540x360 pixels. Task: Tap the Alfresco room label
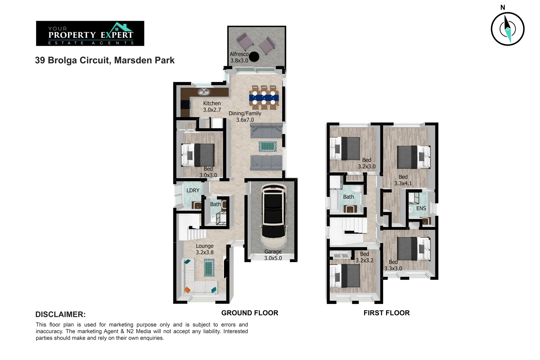coord(239,54)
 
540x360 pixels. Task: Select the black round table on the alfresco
coord(254,57)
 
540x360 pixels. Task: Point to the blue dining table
coord(264,98)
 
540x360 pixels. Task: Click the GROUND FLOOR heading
coord(250,313)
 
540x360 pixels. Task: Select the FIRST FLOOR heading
coord(386,313)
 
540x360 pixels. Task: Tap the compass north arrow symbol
coord(507,29)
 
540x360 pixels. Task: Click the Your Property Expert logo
coord(90,33)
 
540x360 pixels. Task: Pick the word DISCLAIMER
coord(60,314)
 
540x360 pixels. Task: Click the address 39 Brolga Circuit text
coord(105,60)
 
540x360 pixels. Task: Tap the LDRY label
coord(193,190)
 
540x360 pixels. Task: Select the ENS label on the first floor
coord(421,208)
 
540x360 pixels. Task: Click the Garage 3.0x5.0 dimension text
coord(273,258)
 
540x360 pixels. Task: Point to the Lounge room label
coord(204,246)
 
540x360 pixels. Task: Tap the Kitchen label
coord(212,103)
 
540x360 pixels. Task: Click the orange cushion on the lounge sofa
coord(187,290)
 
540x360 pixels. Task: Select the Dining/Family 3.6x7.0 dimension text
coord(245,120)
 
